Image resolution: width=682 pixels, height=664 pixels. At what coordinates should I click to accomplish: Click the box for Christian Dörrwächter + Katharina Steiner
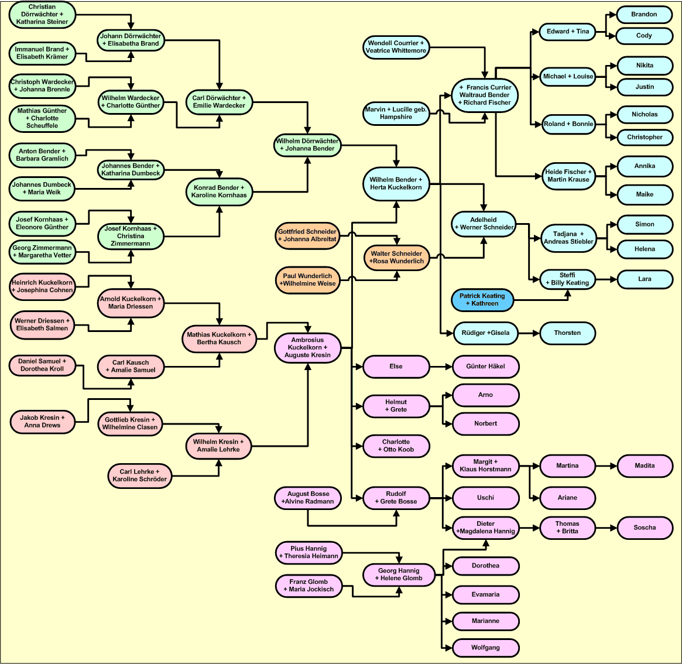pyautogui.click(x=42, y=15)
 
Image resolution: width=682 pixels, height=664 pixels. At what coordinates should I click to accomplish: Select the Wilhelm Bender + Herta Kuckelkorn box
pyautogui.click(x=396, y=184)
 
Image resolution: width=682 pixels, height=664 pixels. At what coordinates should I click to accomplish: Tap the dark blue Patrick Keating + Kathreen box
pyautogui.click(x=482, y=300)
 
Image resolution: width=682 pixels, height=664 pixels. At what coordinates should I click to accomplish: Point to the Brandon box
pyautogui.click(x=644, y=15)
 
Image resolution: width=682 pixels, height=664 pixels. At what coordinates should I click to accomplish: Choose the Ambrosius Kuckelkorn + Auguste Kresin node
pyautogui.click(x=308, y=347)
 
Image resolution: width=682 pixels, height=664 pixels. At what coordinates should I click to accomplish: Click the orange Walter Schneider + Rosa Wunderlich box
pyautogui.click(x=396, y=258)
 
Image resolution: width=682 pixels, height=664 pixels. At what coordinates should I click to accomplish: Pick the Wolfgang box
pyautogui.click(x=485, y=648)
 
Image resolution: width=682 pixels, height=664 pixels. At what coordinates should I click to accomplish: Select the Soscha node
pyautogui.click(x=645, y=528)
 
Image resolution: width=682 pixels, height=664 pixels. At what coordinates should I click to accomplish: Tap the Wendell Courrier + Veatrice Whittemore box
pyautogui.click(x=396, y=47)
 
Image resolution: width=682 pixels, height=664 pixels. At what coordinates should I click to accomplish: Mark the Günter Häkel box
pyautogui.click(x=485, y=367)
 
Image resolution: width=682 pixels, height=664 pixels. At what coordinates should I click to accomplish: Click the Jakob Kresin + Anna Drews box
pyautogui.click(x=42, y=422)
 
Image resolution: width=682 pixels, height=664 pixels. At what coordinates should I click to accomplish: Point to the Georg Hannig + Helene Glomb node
pyautogui.click(x=399, y=574)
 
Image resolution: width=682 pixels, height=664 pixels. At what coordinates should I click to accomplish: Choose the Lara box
pyautogui.click(x=645, y=279)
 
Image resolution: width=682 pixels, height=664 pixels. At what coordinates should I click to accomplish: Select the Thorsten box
pyautogui.click(x=567, y=333)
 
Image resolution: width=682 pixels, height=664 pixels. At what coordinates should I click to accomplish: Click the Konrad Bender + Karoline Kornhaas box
pyautogui.click(x=219, y=191)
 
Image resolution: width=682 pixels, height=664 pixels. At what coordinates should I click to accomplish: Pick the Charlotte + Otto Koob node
pyautogui.click(x=396, y=446)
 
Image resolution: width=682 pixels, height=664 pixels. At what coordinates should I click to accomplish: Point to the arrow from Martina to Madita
pyautogui.click(x=606, y=466)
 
